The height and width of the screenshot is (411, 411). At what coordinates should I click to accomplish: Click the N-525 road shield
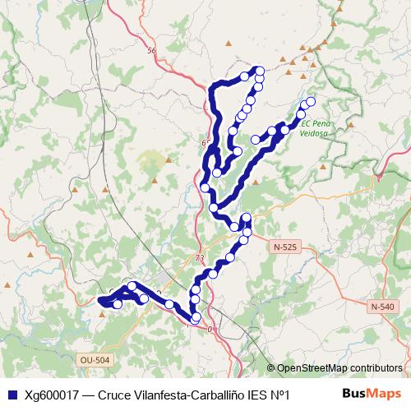pyautogui.click(x=284, y=246)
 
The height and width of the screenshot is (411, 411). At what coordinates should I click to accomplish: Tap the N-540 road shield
pyautogui.click(x=382, y=307)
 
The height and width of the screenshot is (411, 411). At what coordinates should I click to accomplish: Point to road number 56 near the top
pyautogui.click(x=150, y=51)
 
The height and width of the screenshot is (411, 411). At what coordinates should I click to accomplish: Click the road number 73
pyautogui.click(x=200, y=258)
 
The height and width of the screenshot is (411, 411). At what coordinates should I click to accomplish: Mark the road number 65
pyautogui.click(x=205, y=143)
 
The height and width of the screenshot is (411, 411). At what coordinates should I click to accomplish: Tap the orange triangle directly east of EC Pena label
pyautogui.click(x=351, y=125)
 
